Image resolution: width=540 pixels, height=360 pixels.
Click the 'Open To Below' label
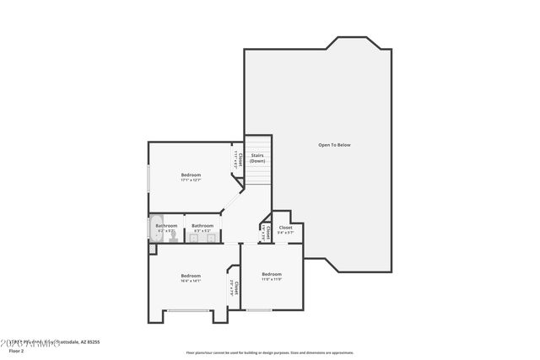tap(334, 145)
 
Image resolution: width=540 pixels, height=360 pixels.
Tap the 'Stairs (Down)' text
tap(257, 158)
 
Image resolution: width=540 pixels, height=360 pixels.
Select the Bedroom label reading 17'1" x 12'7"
tap(191, 177)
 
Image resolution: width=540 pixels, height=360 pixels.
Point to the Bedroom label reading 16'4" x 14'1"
tap(191, 278)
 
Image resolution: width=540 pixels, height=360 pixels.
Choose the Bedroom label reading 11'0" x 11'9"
tap(271, 276)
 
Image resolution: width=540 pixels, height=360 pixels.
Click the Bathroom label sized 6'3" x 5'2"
tap(202, 228)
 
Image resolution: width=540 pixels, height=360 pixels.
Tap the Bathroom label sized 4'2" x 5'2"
tap(166, 228)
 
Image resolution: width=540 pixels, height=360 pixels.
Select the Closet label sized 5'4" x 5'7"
tap(286, 229)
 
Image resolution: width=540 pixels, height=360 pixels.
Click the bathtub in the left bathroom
tap(159, 229)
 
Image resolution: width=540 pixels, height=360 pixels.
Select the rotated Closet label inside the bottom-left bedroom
tap(234, 289)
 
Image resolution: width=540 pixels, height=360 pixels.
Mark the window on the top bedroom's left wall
tap(149, 178)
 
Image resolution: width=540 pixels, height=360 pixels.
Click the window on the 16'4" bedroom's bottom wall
tap(189, 310)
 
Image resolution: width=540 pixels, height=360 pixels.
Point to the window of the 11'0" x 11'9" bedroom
tap(260, 310)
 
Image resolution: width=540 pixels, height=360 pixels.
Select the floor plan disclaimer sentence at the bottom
tap(270, 353)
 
